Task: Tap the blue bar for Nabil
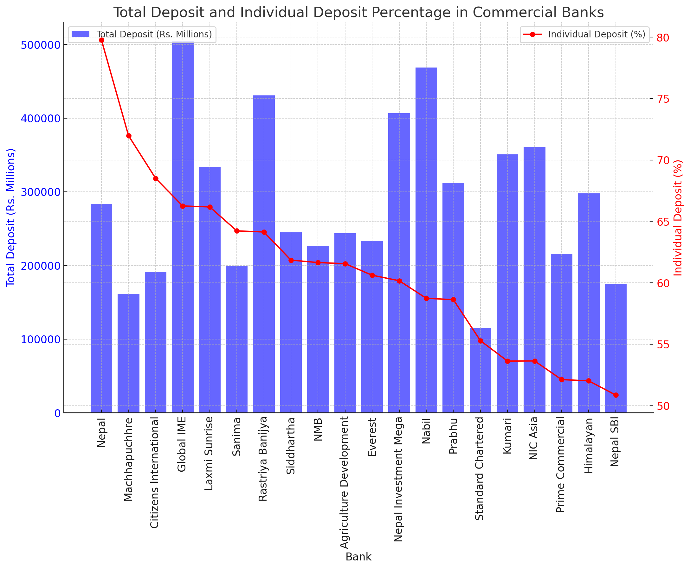(426, 239)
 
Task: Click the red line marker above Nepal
(101, 40)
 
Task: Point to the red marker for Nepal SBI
(616, 395)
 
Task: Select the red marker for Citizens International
(156, 179)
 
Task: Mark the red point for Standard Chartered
(480, 341)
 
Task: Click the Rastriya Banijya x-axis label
(263, 459)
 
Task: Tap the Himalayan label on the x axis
(589, 445)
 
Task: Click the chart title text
(358, 12)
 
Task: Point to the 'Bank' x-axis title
(358, 557)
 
